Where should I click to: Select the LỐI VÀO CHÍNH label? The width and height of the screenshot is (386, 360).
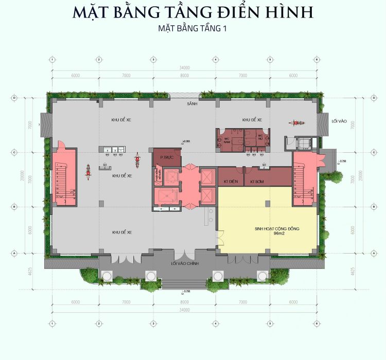click(184, 263)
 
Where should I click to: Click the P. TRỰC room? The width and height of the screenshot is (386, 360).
click(165, 158)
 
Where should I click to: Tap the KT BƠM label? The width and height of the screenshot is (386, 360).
click(257, 182)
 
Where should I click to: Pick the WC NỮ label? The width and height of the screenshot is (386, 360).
click(260, 137)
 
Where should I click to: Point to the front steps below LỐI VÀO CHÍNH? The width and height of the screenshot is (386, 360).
click(185, 283)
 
